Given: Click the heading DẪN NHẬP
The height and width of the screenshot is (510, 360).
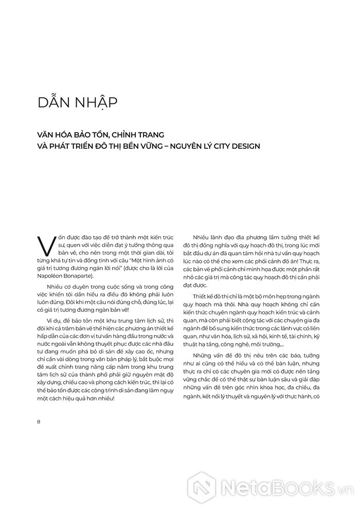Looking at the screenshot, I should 78,101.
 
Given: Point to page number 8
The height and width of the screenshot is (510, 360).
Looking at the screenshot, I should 39,422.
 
